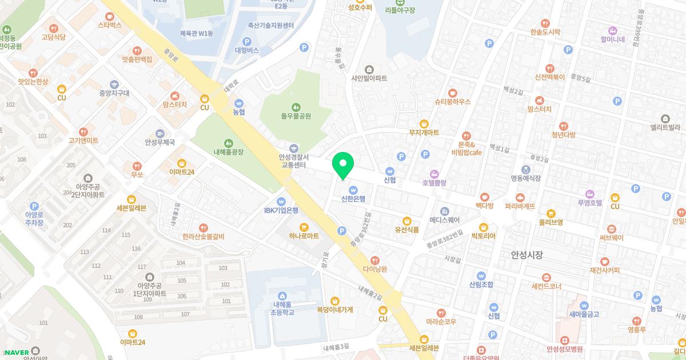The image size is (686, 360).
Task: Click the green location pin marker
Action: click(343, 166)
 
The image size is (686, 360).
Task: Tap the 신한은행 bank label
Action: click(353, 199)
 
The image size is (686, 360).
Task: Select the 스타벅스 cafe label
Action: click(110, 25)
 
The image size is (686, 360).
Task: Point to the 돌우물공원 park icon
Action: click(296, 107)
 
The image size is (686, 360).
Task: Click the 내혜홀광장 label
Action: click(228, 152)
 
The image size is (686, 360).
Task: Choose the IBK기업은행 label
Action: click(281, 210)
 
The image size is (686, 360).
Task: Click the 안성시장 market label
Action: click(527, 255)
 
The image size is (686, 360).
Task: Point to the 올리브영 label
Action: click(551, 222)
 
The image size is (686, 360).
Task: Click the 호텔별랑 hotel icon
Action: click(434, 174)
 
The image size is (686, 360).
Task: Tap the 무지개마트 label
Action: click(424, 133)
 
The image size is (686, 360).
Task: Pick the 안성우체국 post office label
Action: click(159, 142)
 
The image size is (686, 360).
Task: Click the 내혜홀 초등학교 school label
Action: click(282, 309)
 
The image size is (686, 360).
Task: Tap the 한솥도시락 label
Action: click(549, 33)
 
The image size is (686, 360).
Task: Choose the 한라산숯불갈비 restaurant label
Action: click(204, 237)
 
